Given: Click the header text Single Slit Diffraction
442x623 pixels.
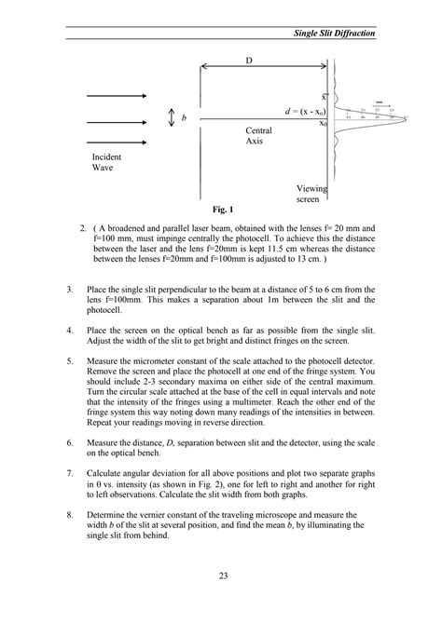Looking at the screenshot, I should point(333,33).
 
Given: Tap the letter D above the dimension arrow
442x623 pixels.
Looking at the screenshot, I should point(249,60).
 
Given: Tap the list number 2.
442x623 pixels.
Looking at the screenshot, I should point(84,227).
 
